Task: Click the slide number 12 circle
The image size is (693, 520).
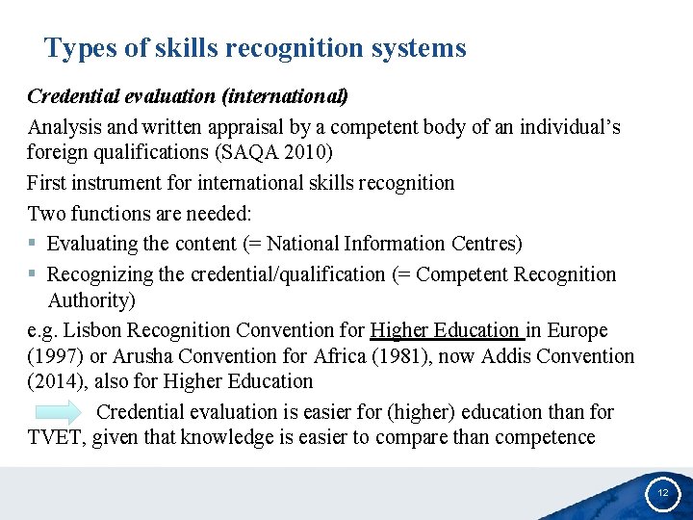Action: [662, 491]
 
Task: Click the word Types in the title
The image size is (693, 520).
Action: [74, 48]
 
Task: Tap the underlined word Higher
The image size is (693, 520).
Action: [399, 330]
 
